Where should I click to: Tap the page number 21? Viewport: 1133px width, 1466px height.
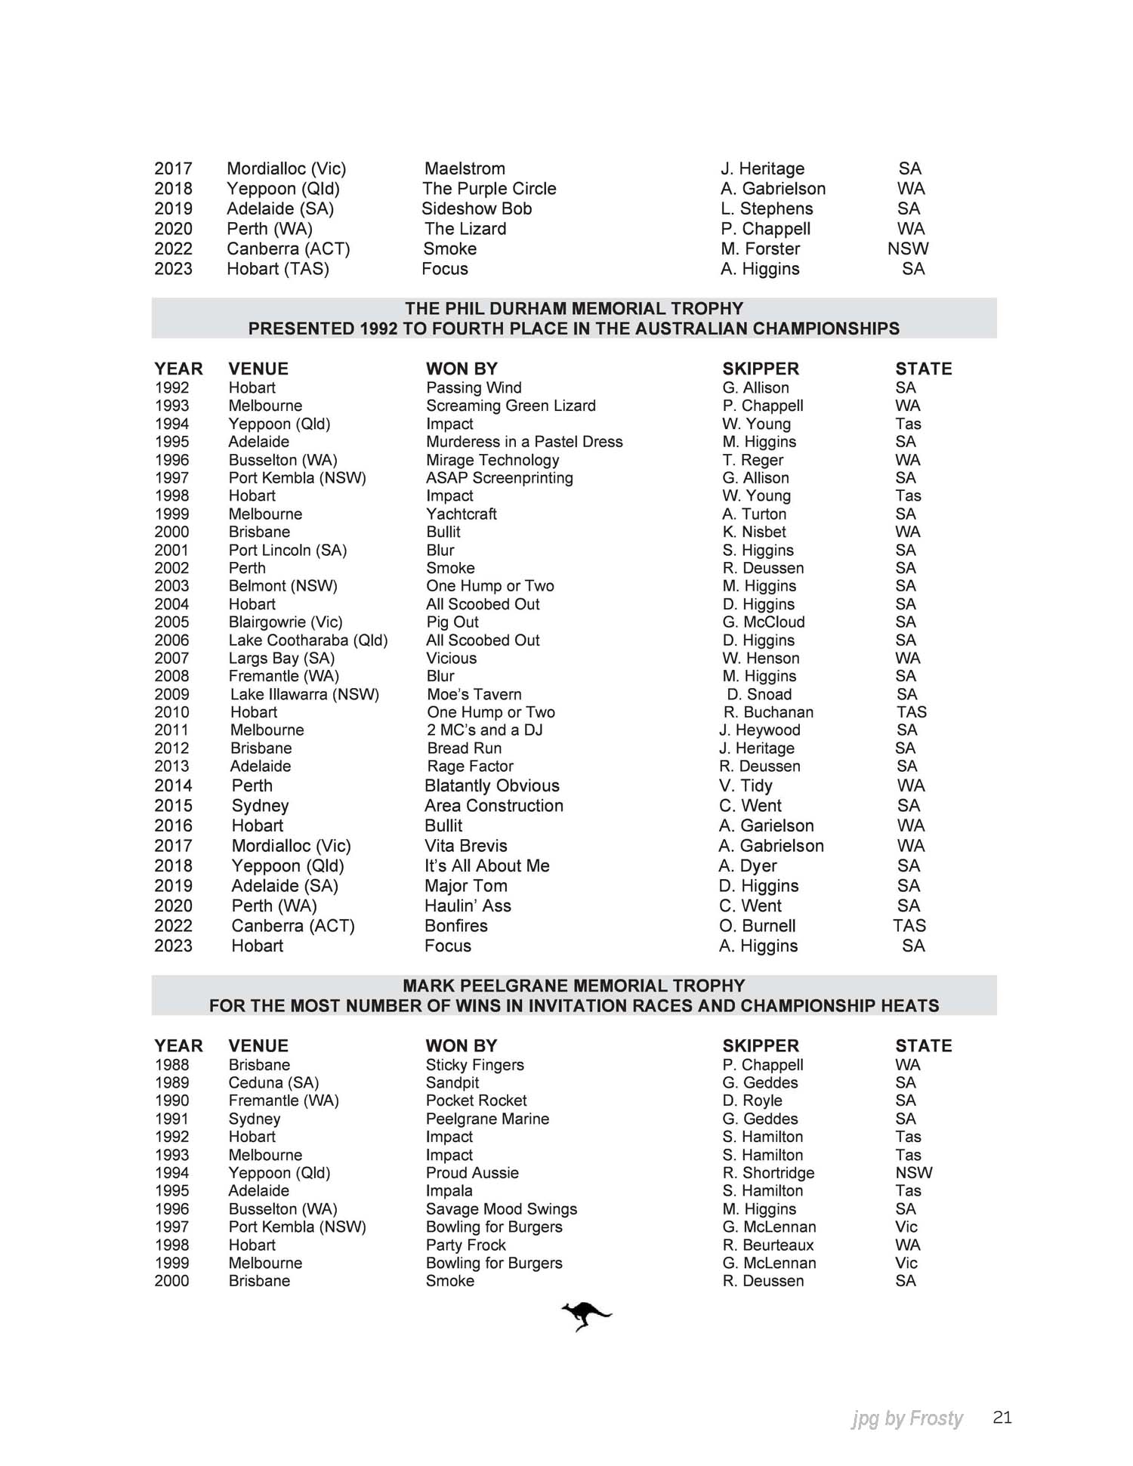point(1002,1417)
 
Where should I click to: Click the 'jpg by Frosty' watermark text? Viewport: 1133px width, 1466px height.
point(907,1418)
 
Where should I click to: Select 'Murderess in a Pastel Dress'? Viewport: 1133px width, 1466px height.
point(524,442)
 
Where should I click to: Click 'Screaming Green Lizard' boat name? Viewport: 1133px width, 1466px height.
point(511,406)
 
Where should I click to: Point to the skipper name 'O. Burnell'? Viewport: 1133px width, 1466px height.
point(758,926)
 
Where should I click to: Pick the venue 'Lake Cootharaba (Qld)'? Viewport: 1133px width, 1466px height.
point(308,640)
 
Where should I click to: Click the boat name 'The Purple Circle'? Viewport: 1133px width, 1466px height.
point(489,189)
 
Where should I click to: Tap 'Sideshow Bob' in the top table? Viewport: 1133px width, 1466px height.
point(477,208)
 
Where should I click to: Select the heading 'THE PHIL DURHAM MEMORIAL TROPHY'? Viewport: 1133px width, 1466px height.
point(574,308)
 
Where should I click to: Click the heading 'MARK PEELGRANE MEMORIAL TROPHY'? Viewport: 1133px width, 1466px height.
point(574,986)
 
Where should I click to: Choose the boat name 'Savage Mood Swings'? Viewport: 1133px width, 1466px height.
point(502,1209)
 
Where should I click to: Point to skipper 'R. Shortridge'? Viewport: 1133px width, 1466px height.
point(768,1173)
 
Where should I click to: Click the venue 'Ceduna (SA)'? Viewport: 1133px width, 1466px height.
point(274,1083)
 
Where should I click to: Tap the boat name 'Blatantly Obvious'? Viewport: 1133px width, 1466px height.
point(492,785)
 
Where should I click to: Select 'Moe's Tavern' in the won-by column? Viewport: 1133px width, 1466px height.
point(474,694)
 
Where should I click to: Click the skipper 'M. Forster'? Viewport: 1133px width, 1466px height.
point(761,248)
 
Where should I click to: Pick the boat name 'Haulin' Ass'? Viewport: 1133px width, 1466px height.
point(468,906)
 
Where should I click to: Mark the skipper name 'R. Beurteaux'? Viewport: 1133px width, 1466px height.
point(768,1245)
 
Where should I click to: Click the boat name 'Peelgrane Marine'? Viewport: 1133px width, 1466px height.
point(487,1119)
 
